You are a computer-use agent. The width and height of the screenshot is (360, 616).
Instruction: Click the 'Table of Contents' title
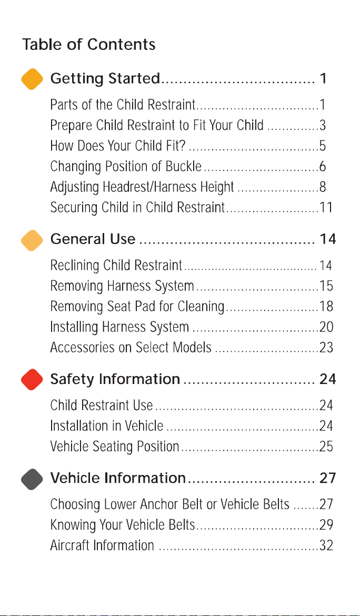[89, 44]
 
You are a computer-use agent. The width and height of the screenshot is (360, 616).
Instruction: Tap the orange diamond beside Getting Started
[32, 79]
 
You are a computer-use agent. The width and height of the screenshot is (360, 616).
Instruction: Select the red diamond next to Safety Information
[32, 379]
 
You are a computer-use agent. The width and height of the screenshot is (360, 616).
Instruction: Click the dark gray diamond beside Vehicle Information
[32, 479]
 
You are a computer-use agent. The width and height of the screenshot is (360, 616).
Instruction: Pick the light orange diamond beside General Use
[32, 240]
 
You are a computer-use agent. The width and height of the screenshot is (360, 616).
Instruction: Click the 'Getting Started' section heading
[105, 79]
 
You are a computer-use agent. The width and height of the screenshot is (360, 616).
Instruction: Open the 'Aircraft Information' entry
[102, 546]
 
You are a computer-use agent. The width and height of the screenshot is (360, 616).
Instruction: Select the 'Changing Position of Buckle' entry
[126, 167]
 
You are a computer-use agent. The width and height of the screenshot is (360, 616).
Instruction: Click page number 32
[326, 546]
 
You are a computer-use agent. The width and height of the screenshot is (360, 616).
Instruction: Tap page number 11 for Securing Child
[326, 207]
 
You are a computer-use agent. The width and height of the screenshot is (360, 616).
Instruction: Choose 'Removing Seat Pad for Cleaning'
[137, 307]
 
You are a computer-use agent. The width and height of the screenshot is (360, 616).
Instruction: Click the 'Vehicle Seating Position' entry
[115, 447]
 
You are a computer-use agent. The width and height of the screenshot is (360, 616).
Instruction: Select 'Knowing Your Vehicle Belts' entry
[123, 525]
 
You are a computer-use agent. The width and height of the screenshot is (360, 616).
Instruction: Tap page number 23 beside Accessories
[326, 348]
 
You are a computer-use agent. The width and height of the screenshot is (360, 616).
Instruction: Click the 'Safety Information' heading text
[115, 379]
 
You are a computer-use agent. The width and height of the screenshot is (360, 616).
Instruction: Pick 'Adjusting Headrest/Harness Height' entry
[142, 187]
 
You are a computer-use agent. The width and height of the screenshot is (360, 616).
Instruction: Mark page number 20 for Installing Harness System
[326, 327]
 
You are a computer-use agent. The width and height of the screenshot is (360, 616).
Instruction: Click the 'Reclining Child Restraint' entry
[116, 266]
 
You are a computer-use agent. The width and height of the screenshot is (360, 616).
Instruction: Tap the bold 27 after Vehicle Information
[328, 479]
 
